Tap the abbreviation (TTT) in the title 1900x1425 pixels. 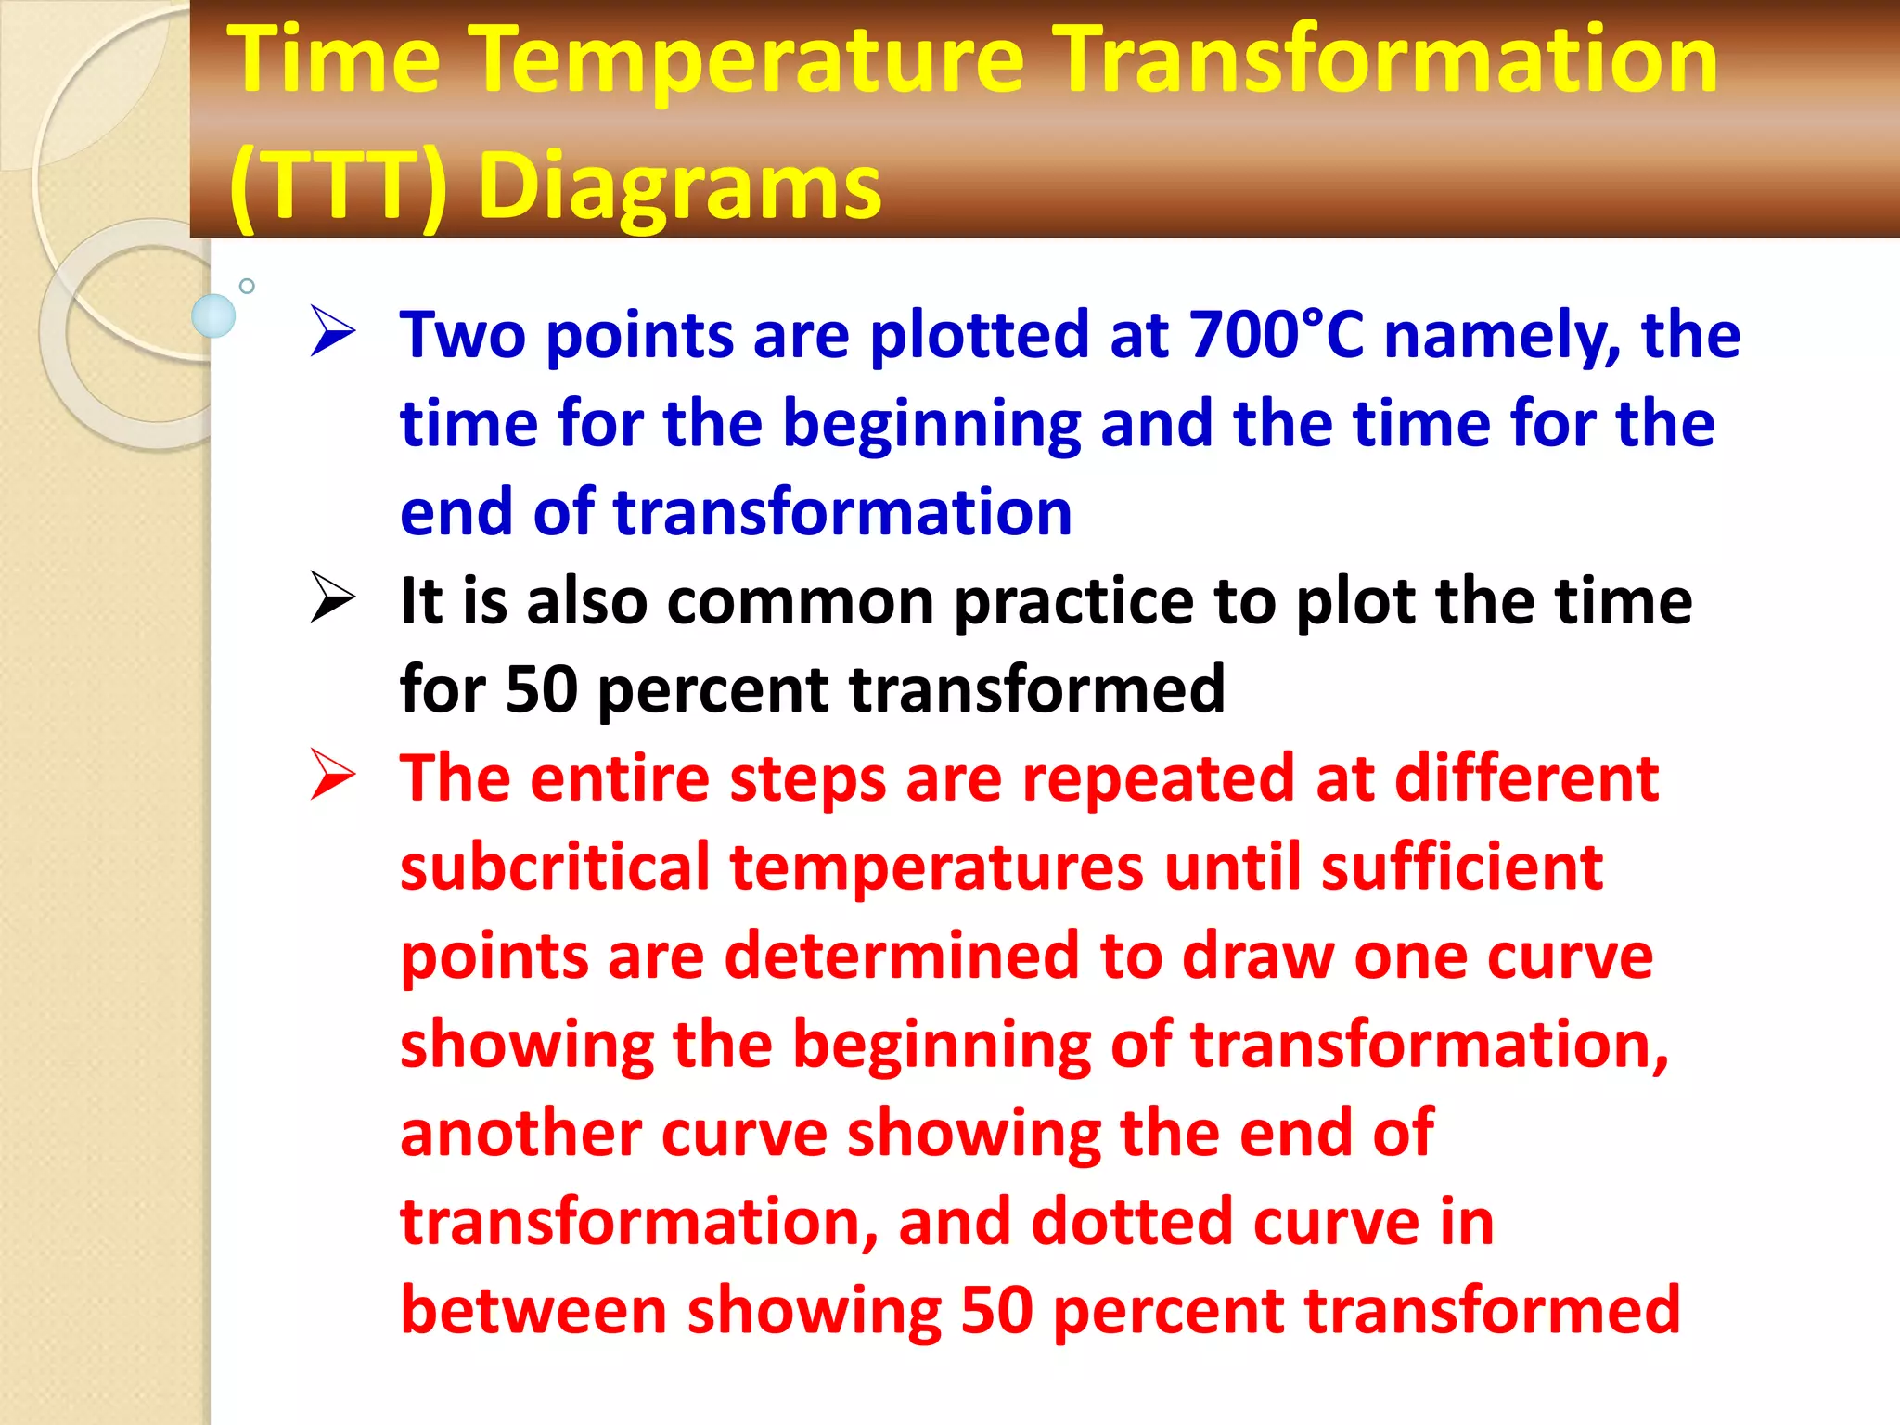[x=339, y=187]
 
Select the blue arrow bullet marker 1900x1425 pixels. [x=332, y=331]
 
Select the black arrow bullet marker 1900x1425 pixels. [x=332, y=597]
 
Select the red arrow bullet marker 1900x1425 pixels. [x=332, y=775]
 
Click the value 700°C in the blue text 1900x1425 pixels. [x=1277, y=334]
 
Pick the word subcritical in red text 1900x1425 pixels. [x=555, y=867]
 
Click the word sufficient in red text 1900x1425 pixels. [x=1461, y=867]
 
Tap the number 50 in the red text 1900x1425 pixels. [x=996, y=1310]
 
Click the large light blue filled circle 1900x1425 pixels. [x=213, y=315]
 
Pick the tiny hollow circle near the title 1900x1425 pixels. [x=247, y=286]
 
